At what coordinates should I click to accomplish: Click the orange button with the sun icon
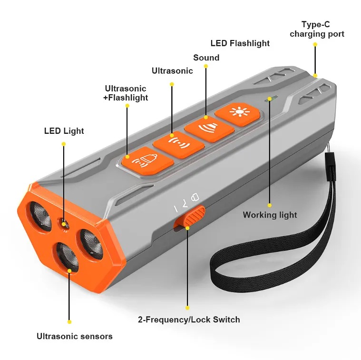click(238, 114)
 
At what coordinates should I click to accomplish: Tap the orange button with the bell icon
click(147, 160)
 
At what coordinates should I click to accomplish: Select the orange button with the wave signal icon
click(179, 144)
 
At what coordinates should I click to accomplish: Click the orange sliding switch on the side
click(189, 216)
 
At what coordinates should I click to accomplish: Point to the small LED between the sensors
click(64, 223)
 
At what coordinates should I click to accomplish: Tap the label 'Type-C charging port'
click(317, 29)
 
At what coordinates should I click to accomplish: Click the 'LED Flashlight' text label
click(240, 43)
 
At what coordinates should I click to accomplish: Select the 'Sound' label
click(206, 58)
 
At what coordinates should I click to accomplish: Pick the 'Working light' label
click(270, 215)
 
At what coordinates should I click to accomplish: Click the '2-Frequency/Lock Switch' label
click(189, 320)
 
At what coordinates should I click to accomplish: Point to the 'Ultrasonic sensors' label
click(75, 336)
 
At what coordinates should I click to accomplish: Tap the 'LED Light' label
click(64, 130)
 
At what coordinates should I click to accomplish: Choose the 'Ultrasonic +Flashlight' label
click(126, 93)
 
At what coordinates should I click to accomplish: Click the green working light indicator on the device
click(271, 98)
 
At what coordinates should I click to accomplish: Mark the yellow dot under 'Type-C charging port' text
click(315, 44)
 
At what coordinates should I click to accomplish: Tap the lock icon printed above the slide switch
click(195, 197)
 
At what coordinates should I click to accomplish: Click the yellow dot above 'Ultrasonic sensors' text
click(69, 322)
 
